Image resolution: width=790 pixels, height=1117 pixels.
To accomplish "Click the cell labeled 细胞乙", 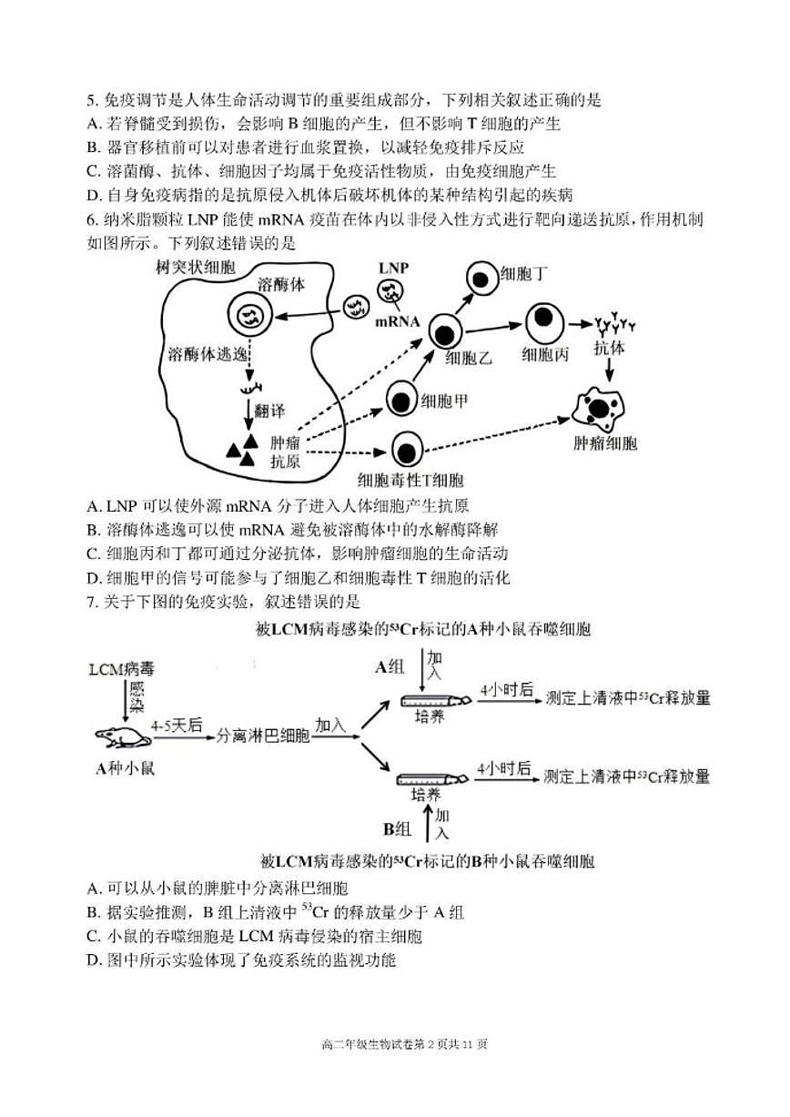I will pyautogui.click(x=445, y=330).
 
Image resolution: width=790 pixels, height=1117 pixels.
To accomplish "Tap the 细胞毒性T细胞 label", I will pyautogui.click(x=410, y=481).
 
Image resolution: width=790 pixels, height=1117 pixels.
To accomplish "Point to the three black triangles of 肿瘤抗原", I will pyautogui.click(x=242, y=448).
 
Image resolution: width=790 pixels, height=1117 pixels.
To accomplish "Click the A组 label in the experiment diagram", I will pyautogui.click(x=390, y=667).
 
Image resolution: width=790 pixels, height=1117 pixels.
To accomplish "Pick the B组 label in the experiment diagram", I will pyautogui.click(x=397, y=829).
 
